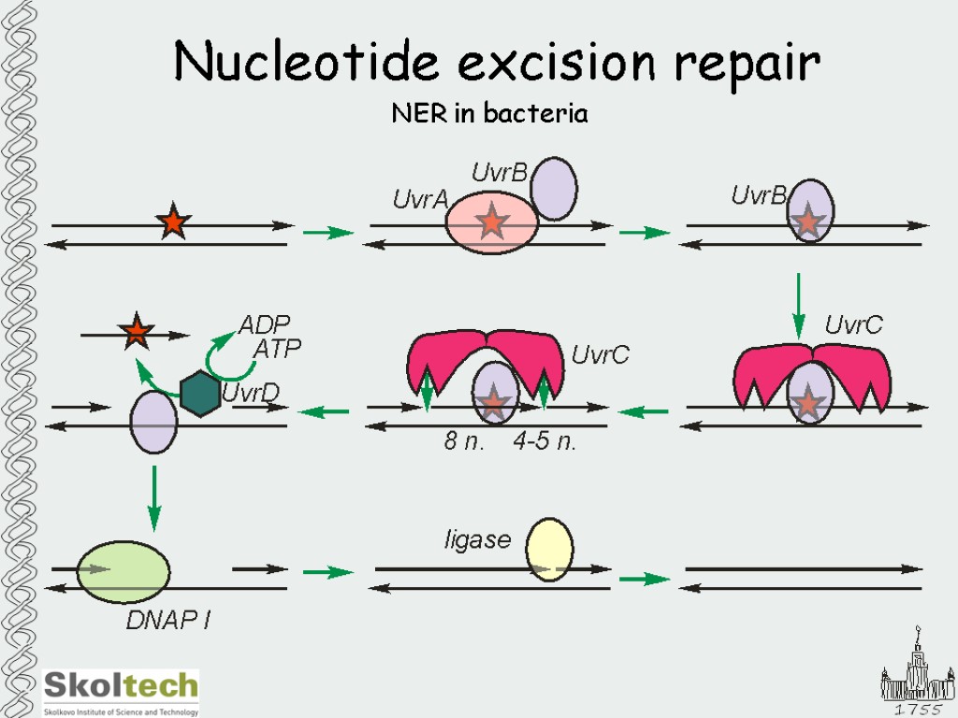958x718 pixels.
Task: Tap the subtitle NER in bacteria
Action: (x=488, y=114)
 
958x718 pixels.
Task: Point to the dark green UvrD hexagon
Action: (x=200, y=393)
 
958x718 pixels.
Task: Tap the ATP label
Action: (x=278, y=350)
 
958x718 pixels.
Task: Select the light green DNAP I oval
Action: (x=123, y=571)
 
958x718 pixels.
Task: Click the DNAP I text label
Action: (x=167, y=620)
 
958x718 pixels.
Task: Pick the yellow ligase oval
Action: (x=549, y=551)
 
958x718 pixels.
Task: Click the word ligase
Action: (x=477, y=539)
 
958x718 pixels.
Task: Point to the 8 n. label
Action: (x=464, y=442)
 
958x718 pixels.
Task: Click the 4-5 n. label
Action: (x=544, y=442)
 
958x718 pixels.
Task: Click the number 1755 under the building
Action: (x=916, y=710)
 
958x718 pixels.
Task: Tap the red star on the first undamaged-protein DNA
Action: (x=173, y=223)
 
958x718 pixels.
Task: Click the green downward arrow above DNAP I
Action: (x=154, y=497)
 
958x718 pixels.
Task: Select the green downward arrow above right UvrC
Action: (x=798, y=305)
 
